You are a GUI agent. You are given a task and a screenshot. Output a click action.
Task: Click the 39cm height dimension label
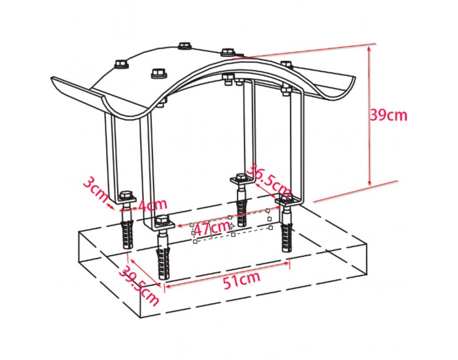[389, 115]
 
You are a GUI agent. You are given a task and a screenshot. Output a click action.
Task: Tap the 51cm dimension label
[241, 280]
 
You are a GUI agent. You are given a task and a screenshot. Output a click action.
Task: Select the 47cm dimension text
[213, 228]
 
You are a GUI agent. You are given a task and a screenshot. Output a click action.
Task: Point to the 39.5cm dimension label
[139, 285]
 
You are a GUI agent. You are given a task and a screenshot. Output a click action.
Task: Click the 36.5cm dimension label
[270, 181]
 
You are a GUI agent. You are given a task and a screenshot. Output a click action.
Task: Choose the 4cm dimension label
[152, 205]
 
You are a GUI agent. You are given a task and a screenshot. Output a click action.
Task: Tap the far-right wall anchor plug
[287, 236]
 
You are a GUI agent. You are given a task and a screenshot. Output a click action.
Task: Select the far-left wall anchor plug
[128, 234]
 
